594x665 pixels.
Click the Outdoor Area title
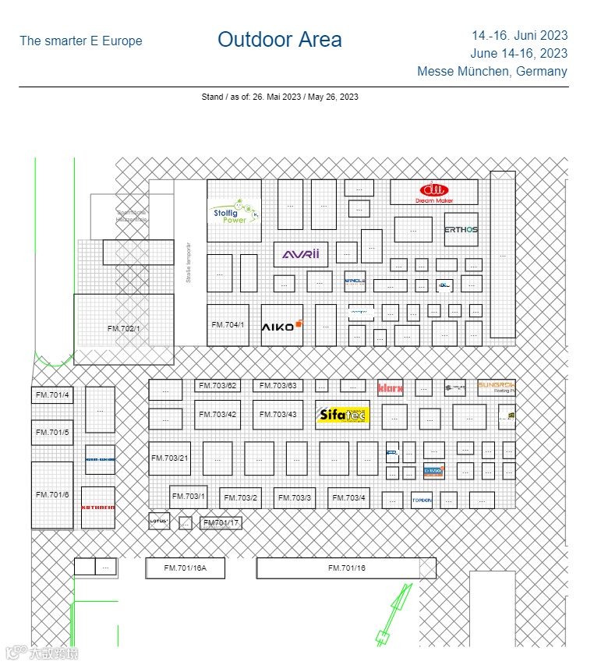(x=279, y=40)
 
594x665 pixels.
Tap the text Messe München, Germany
(x=492, y=72)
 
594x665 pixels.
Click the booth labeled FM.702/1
(x=124, y=329)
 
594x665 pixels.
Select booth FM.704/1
(x=228, y=325)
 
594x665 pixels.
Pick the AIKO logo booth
(x=281, y=326)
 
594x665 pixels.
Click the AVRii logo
(x=300, y=254)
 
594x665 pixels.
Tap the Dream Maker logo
(x=433, y=192)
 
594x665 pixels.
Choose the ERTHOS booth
(x=461, y=230)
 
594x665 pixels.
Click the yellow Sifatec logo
(x=342, y=415)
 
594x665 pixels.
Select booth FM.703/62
(x=217, y=386)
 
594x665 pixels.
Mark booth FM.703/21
(x=169, y=458)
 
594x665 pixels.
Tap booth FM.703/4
(x=348, y=498)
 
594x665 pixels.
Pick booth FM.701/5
(x=52, y=433)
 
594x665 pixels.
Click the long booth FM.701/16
(x=346, y=568)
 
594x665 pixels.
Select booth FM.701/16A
(x=185, y=568)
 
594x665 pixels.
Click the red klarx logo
(x=390, y=387)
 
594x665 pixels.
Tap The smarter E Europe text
(x=81, y=41)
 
